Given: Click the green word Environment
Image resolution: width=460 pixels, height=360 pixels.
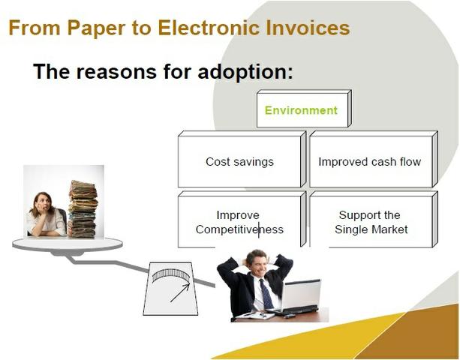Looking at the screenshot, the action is coord(301,110).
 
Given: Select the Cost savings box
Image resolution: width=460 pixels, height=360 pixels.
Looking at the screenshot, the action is coord(242,159).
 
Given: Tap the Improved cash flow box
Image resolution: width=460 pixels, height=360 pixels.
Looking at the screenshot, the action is coord(374,159).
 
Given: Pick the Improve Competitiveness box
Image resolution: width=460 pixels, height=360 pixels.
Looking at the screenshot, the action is coord(242,219).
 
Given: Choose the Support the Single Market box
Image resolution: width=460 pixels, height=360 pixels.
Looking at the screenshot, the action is coord(374,219).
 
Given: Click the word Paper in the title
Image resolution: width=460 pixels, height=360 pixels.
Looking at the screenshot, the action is coord(97,28).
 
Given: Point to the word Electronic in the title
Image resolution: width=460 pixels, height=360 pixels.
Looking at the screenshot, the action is coord(209,27).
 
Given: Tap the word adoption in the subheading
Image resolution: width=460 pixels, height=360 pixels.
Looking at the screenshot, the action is coord(245,72).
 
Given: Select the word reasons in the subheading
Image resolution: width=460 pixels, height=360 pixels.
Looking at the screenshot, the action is coord(116,72).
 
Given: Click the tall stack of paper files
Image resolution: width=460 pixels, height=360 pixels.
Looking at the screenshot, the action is coord(83,208).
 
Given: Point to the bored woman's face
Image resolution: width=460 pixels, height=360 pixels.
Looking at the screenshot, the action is coord(43,202).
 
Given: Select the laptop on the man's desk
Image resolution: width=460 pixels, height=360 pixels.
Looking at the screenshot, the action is coord(297,297).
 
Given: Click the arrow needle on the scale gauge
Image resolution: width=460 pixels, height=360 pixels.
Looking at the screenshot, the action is coord(180,292).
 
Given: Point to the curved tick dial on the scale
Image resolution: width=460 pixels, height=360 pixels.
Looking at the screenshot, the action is coord(171,275).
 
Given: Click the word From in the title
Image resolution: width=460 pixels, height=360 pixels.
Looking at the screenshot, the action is coord(35,27).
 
